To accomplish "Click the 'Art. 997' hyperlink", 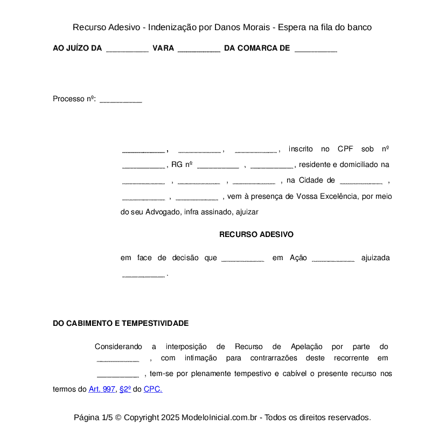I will (x=102, y=389).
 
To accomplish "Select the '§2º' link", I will (x=125, y=389).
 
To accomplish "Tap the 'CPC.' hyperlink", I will (x=153, y=389).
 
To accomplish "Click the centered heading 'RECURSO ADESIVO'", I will (x=256, y=235).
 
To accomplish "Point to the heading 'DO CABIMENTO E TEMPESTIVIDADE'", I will (x=121, y=323).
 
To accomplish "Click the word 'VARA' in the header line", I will (x=163, y=48).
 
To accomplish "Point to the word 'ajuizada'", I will (x=375, y=258).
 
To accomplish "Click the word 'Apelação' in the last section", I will (x=306, y=346).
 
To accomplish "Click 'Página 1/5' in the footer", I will (x=93, y=417).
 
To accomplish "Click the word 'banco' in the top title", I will (x=360, y=27).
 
